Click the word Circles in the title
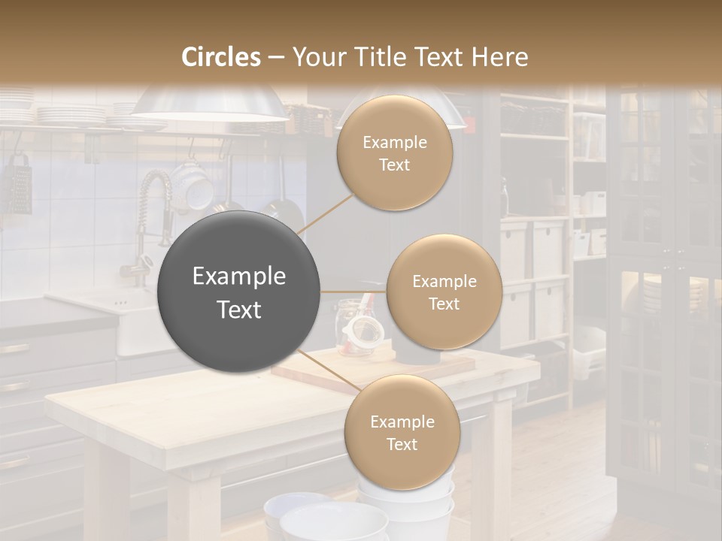point(220,57)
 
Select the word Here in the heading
point(500,57)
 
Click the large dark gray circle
point(239,292)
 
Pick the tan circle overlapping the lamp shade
point(395,153)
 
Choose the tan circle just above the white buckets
point(402,433)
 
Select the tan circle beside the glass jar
point(444,292)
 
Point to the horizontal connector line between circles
point(353,292)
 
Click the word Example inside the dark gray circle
point(239,277)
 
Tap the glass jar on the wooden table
point(353,327)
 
